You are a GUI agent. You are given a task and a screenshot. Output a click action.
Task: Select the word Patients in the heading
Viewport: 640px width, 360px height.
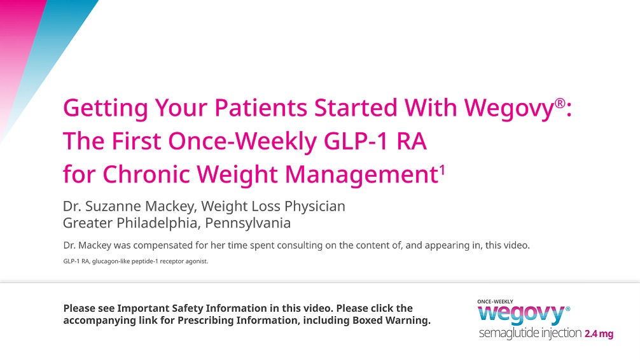(x=254, y=107)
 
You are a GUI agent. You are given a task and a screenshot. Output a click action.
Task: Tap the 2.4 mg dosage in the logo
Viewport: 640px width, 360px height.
(x=599, y=335)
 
